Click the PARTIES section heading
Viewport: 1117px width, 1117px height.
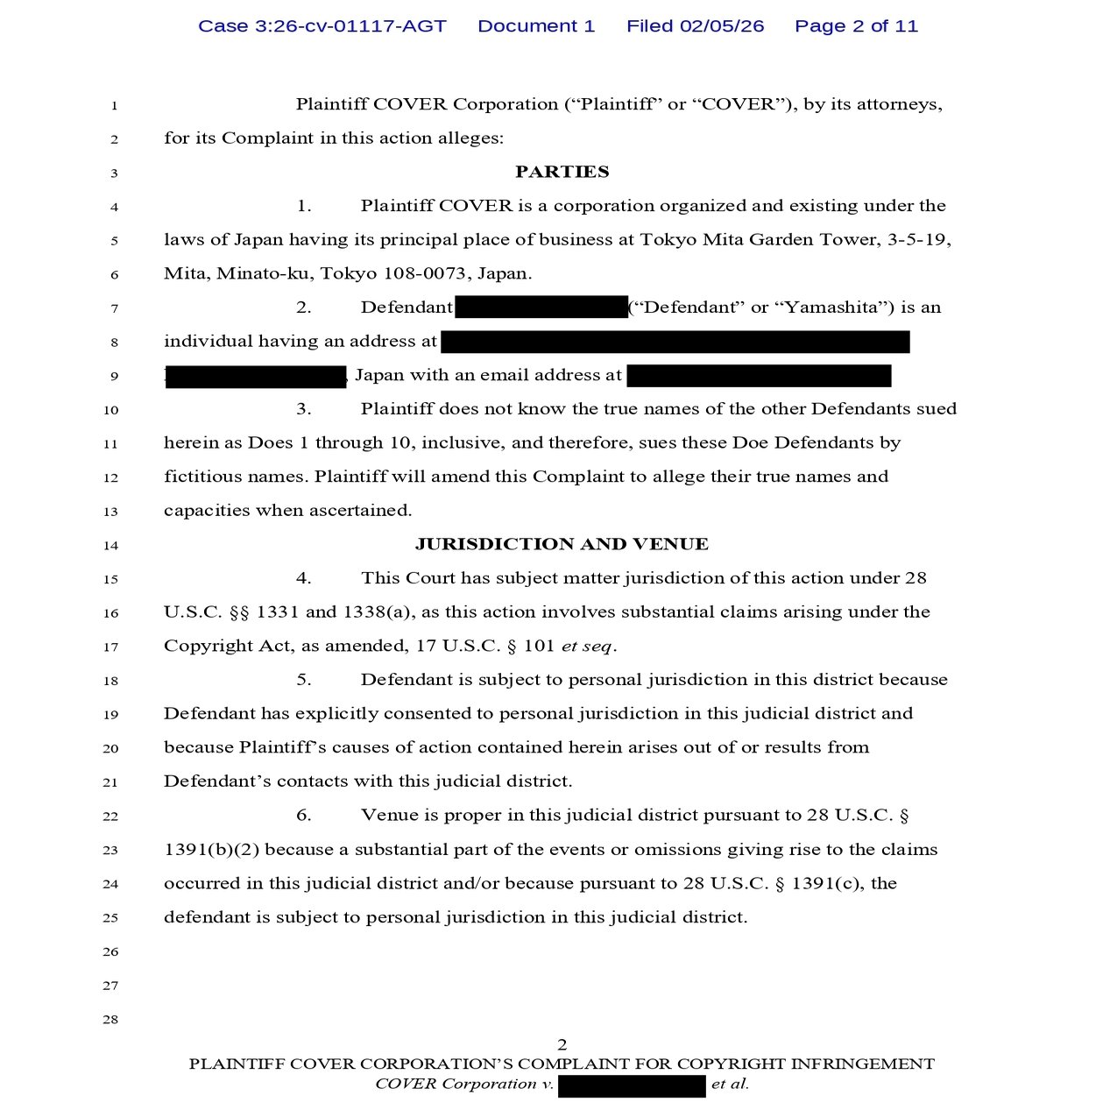[x=562, y=172]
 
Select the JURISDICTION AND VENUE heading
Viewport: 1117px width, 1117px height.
[x=562, y=544]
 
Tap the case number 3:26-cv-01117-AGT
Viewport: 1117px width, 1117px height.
[x=322, y=26]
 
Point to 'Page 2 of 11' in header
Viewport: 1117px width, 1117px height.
[x=856, y=26]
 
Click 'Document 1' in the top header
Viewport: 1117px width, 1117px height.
[x=536, y=26]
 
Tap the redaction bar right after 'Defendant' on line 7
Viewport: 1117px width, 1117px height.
[x=541, y=308]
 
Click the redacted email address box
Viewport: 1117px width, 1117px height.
[x=759, y=376]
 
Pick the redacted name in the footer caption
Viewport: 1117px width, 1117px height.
[x=632, y=1086]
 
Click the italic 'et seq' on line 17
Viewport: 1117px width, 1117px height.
[x=587, y=647]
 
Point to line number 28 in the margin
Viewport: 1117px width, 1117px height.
[x=110, y=1020]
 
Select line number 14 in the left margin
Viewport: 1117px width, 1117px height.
[x=110, y=545]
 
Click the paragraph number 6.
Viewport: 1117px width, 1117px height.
[x=304, y=816]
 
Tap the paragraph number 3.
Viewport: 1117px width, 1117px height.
[x=304, y=409]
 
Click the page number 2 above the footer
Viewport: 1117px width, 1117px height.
[x=562, y=1044]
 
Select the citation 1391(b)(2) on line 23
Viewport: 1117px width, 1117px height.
[x=211, y=850]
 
